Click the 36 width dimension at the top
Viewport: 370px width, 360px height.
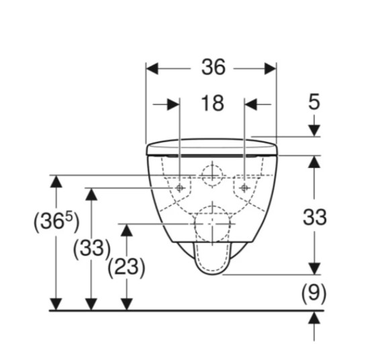point(214,67)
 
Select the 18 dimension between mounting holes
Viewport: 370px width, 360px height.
point(212,103)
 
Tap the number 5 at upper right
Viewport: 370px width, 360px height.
point(314,101)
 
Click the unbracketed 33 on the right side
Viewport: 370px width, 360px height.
point(314,217)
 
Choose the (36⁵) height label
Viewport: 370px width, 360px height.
point(56,222)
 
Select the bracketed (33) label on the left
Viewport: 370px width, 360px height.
point(92,249)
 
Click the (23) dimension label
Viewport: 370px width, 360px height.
point(126,267)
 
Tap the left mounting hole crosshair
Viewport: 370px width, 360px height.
point(179,188)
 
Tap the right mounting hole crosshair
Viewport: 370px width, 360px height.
point(244,188)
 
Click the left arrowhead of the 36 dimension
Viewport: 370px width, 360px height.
point(152,69)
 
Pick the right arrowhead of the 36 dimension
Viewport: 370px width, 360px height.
point(270,69)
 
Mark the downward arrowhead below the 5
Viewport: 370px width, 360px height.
point(314,131)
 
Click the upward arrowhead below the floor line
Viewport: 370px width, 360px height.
point(314,318)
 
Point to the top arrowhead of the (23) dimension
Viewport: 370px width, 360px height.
point(127,230)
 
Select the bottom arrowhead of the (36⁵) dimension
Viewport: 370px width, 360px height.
point(56,304)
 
